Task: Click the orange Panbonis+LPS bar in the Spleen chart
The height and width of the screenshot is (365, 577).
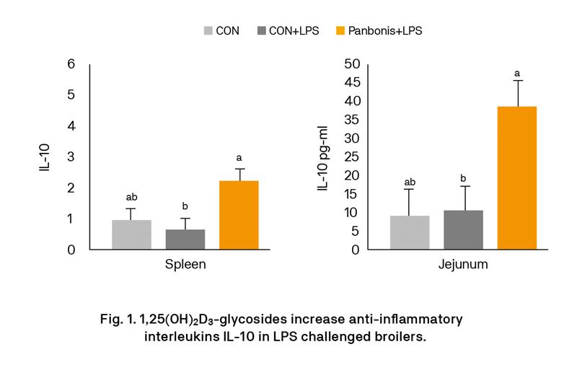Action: coord(239,215)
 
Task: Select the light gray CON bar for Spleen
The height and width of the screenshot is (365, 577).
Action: coord(131,234)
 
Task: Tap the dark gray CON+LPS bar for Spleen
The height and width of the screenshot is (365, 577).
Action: coord(185,239)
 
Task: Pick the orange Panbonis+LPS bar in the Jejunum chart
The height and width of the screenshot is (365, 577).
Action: coord(517,177)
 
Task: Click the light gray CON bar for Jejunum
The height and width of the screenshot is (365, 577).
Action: coord(410,232)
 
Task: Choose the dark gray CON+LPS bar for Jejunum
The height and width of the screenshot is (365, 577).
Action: coord(463,230)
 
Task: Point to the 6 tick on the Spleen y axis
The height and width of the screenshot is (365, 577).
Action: coord(71,63)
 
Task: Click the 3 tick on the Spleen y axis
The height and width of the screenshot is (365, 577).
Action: coord(71,157)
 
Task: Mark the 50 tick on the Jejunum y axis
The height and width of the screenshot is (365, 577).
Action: coord(352,63)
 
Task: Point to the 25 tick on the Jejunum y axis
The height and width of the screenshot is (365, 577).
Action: coord(352,157)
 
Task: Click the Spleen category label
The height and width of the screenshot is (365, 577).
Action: coord(185,264)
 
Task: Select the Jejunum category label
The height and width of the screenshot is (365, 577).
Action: coord(463,264)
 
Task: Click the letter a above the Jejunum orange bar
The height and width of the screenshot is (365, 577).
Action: coord(517,73)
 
